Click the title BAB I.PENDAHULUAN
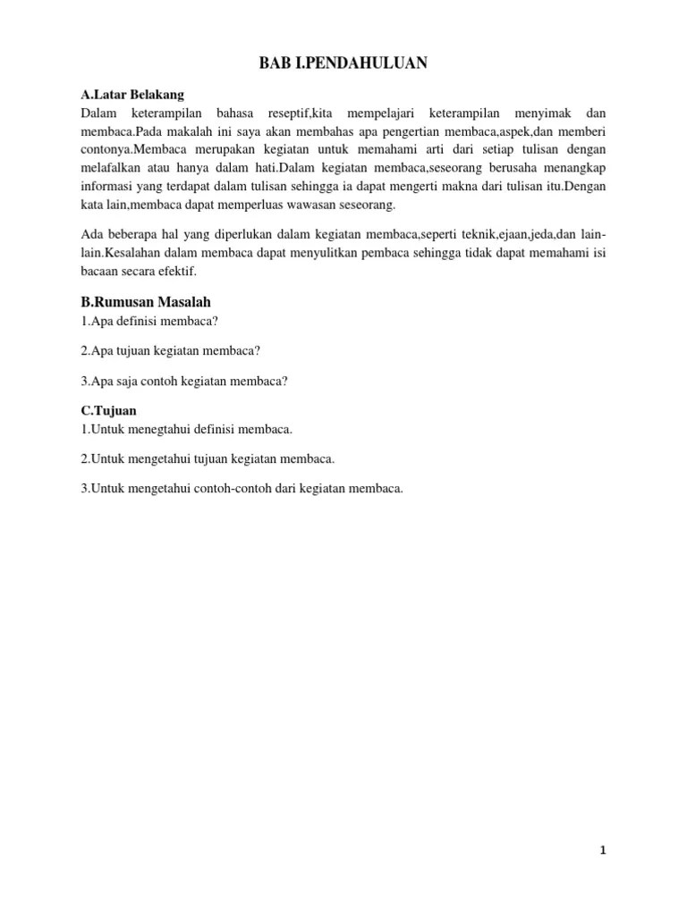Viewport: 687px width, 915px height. (x=343, y=63)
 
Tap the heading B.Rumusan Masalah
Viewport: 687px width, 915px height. (x=145, y=301)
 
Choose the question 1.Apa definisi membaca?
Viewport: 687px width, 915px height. (x=149, y=321)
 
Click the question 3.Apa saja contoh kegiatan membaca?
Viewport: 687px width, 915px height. (x=184, y=381)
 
